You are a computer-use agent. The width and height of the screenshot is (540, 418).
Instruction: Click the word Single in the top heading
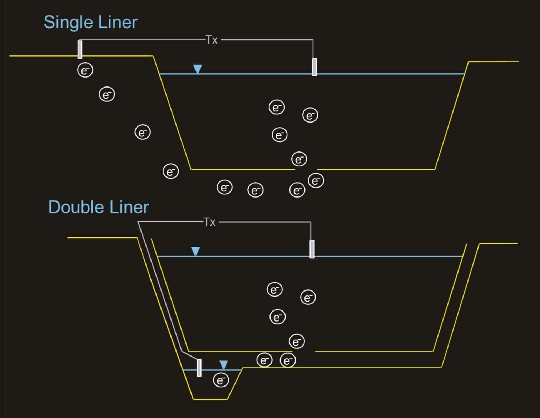tap(66, 23)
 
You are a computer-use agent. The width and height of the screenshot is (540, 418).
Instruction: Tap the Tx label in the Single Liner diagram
tap(212, 40)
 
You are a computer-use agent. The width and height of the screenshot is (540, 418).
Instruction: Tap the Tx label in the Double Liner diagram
tap(209, 222)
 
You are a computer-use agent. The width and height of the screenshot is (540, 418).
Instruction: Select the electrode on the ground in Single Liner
tap(80, 49)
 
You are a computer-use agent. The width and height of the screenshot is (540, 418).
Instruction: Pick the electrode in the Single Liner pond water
tap(314, 67)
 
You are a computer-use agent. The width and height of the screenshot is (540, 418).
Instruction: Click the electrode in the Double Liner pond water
tap(312, 249)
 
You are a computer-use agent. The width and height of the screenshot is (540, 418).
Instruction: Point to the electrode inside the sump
tap(199, 368)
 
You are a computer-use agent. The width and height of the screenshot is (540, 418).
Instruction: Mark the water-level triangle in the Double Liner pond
tap(195, 251)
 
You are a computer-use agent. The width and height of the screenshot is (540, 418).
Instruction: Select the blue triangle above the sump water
tap(223, 365)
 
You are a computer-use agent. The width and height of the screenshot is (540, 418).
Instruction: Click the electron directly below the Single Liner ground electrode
tap(85, 70)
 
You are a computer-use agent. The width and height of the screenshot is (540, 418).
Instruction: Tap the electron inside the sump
tap(221, 380)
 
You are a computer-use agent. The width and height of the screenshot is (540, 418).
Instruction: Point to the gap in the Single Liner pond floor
tap(306, 169)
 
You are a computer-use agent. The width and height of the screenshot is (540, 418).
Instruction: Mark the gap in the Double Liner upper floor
tap(304, 352)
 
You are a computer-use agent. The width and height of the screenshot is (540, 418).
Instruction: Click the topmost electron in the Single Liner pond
tap(276, 107)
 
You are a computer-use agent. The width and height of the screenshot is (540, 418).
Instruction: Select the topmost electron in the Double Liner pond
tap(274, 289)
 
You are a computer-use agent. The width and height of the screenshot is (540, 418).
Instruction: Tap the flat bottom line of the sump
tap(210, 399)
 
